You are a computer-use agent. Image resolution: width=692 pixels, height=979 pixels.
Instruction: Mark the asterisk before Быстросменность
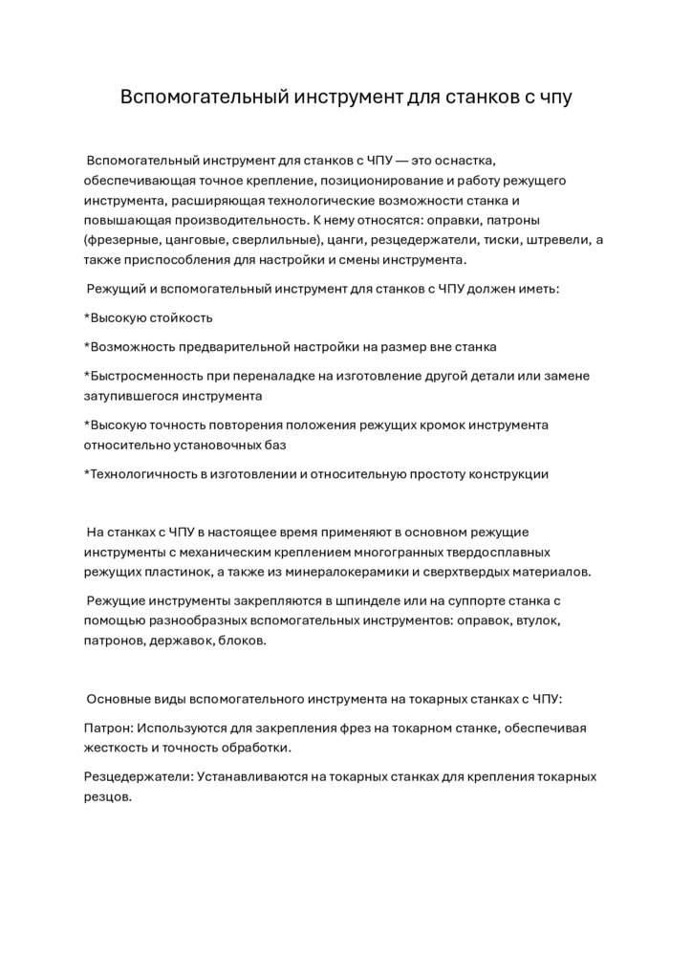point(87,376)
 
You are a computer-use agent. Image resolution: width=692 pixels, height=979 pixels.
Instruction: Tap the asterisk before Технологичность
point(87,474)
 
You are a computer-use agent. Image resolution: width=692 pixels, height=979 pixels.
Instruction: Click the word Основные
point(118,699)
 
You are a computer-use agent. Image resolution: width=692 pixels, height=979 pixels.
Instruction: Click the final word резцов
point(107,796)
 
